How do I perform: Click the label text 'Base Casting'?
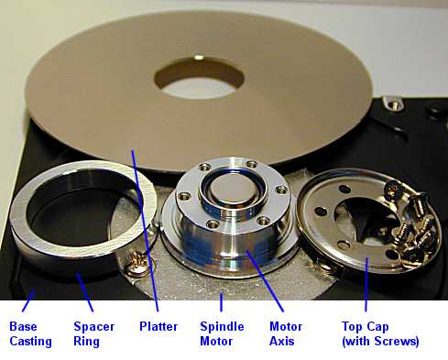[x=29, y=333]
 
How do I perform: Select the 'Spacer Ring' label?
[x=95, y=333]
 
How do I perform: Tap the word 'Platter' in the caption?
[x=158, y=326]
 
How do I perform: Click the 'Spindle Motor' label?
[x=222, y=333]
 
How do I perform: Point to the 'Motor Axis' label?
[x=286, y=333]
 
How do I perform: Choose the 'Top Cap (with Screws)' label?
[x=379, y=333]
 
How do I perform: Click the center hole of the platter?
[x=197, y=75]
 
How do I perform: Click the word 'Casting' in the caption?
[x=29, y=341]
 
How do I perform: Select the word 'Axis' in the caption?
[x=286, y=341]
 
